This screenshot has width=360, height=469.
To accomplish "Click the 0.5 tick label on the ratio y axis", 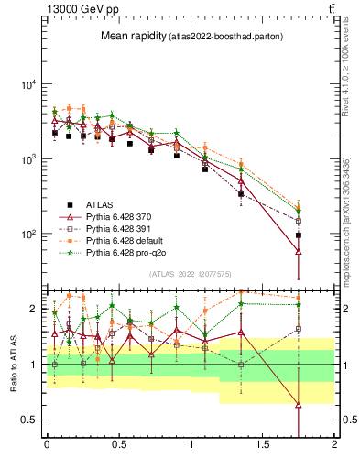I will coord(30,420).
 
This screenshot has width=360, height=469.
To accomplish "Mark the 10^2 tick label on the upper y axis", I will coord(27,234).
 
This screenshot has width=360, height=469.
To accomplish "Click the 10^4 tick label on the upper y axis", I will coord(27,84).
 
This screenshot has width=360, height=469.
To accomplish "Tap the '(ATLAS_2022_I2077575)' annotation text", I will coord(190,273).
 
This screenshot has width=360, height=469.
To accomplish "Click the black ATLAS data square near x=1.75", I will coord(299,235).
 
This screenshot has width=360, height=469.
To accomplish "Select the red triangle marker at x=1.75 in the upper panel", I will coord(299,250).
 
